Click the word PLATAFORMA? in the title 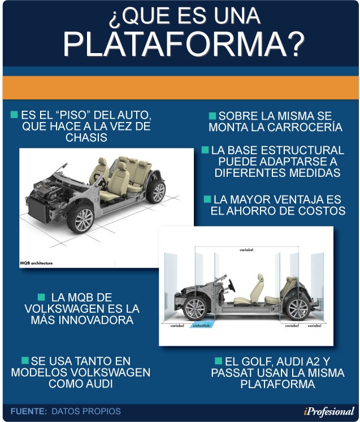click(184, 44)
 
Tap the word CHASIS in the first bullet click(86, 137)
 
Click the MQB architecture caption click(36, 263)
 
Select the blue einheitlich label click(201, 325)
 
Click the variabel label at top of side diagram click(246, 250)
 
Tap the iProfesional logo click(329, 411)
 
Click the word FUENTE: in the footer click(29, 411)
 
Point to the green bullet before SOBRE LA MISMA click(212, 116)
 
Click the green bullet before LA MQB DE click(41, 297)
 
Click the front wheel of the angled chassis click(80, 219)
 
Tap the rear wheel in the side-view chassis click(297, 308)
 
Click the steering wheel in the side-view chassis click(232, 285)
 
